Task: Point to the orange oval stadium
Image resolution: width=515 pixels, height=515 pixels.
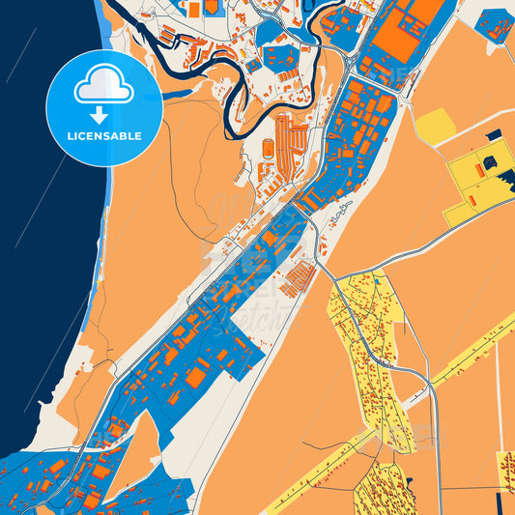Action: click(x=268, y=147)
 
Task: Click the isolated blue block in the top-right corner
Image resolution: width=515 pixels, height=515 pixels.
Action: click(x=495, y=23)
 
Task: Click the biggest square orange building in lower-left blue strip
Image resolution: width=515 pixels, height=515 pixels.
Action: click(x=196, y=377)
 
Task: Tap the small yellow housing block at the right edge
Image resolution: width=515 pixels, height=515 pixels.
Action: click(x=505, y=469)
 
